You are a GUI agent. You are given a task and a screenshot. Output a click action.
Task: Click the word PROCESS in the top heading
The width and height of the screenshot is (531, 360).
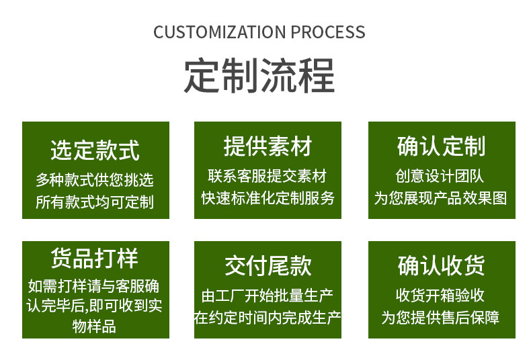click(329, 32)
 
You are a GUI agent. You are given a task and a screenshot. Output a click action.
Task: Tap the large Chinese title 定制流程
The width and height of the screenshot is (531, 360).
click(259, 76)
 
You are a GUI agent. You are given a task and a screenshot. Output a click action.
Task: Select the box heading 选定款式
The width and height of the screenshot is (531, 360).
click(95, 149)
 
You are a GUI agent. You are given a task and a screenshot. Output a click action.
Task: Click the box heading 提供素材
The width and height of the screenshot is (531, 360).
click(268, 146)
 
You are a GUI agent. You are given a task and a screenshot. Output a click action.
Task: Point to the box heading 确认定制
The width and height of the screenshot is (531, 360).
click(441, 146)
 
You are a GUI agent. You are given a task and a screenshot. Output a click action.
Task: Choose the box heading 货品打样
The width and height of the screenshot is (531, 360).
click(95, 259)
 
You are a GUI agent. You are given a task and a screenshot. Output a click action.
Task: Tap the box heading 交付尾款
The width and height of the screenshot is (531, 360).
click(268, 266)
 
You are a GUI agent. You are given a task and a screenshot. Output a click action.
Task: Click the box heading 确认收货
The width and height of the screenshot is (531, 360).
click(441, 266)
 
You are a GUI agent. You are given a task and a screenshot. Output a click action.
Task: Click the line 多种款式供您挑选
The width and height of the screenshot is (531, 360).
click(95, 179)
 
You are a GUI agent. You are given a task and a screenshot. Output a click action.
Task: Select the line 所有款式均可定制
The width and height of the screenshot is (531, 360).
click(95, 201)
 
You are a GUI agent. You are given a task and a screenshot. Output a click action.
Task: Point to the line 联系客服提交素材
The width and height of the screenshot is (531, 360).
click(268, 176)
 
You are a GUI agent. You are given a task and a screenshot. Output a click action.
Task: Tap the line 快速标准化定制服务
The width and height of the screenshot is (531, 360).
click(268, 198)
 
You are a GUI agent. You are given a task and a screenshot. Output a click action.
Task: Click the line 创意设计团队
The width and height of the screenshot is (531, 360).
click(441, 176)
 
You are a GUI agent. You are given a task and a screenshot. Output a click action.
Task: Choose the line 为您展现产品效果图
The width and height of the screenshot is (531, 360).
click(441, 198)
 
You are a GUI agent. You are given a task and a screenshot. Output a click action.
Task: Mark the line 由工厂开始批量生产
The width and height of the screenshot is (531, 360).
click(268, 296)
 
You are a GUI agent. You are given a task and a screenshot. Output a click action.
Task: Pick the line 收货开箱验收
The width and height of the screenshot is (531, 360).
click(441, 296)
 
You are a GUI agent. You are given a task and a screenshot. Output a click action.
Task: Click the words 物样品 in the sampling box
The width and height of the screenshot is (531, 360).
click(95, 327)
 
